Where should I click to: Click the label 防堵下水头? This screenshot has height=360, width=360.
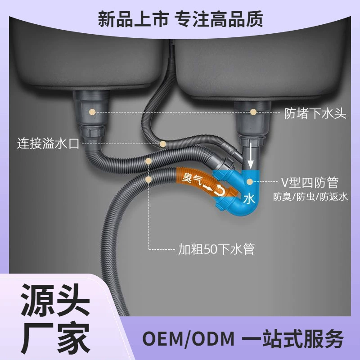(x=315, y=113)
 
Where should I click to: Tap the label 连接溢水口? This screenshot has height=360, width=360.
(x=48, y=144)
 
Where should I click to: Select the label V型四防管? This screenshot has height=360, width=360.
(x=310, y=183)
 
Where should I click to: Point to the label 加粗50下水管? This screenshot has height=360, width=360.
(x=216, y=249)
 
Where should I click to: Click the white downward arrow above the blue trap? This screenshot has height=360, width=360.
(x=251, y=156)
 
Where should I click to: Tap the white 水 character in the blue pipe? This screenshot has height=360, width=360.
(x=249, y=199)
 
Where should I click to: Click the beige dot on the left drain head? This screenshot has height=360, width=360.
(x=92, y=112)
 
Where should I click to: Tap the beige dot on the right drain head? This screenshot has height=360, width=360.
(x=253, y=112)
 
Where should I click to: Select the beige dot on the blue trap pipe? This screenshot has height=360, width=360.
(x=250, y=182)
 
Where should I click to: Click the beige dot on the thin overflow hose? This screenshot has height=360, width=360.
(x=163, y=144)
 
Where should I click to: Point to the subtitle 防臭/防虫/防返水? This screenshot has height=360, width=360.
(x=310, y=197)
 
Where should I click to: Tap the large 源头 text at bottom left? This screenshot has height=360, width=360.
(x=55, y=300)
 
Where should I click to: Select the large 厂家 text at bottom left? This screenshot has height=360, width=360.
(x=55, y=337)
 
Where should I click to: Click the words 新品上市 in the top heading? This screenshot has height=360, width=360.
(x=133, y=19)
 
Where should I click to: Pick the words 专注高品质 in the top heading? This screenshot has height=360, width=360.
(x=219, y=19)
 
